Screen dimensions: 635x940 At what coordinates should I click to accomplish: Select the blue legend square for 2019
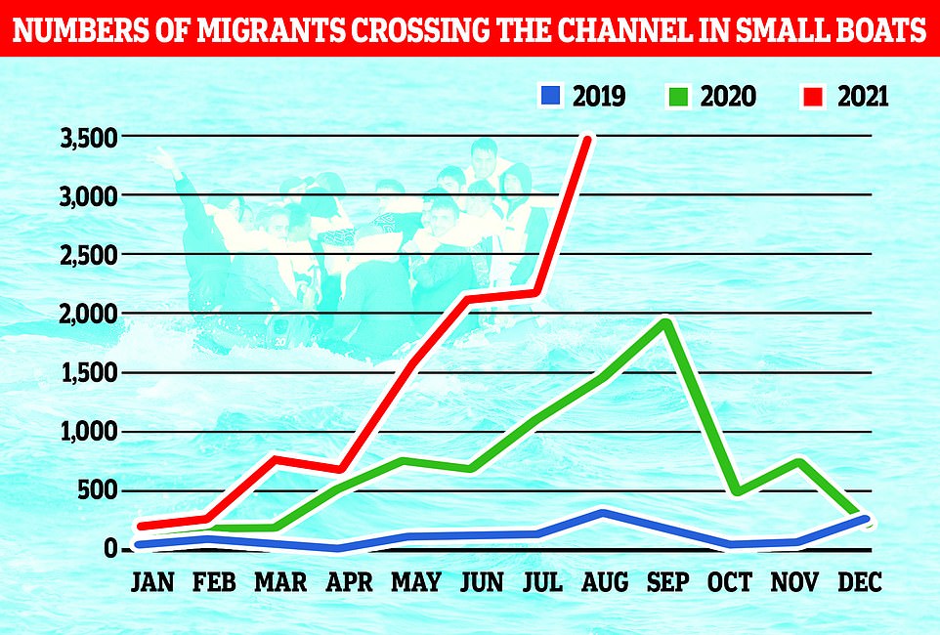[550, 97]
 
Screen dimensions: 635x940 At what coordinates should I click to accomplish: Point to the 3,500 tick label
[89, 138]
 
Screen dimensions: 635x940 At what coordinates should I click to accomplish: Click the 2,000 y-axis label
[89, 315]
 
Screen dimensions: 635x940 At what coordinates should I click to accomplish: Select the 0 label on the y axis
[112, 549]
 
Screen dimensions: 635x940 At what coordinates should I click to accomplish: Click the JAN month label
[153, 583]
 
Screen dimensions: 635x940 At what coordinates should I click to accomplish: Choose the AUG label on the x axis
[606, 583]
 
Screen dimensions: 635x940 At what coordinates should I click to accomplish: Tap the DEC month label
[861, 583]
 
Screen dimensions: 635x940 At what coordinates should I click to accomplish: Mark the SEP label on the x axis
[669, 583]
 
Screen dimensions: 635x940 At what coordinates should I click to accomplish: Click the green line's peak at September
[665, 322]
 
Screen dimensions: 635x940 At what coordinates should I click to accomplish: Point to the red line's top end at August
[586, 139]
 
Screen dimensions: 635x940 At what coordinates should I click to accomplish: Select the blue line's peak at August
[605, 513]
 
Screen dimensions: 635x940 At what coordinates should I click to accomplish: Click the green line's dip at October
[733, 491]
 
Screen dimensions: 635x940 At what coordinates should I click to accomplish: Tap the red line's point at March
[278, 459]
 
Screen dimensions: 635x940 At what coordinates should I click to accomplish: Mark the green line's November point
[798, 462]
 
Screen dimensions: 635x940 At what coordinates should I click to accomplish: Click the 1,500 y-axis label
[89, 373]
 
